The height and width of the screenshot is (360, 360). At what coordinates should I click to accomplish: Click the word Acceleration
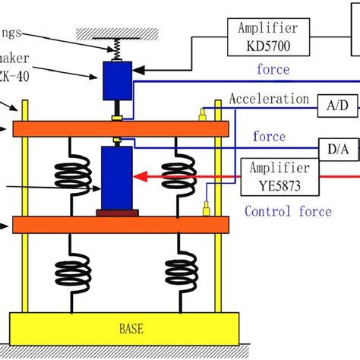(269, 99)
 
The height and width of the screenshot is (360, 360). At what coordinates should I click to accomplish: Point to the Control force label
(288, 211)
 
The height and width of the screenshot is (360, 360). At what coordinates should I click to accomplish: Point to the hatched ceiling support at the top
(117, 32)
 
